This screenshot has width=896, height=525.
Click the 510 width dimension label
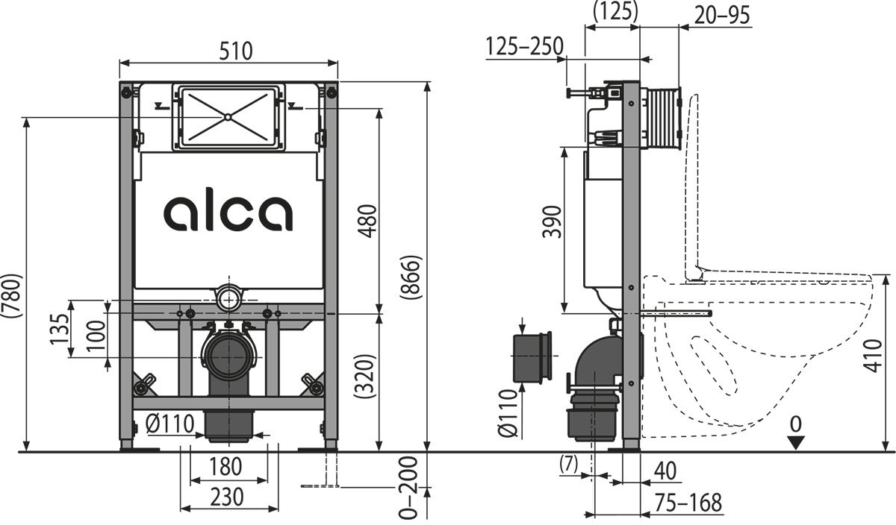click(236, 51)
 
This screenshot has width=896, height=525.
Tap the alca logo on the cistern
click(228, 212)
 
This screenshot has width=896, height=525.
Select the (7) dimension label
click(569, 464)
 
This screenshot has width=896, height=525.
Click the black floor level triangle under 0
click(797, 441)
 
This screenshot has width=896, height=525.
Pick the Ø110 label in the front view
click(170, 424)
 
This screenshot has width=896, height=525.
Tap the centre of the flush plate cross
click(226, 116)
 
